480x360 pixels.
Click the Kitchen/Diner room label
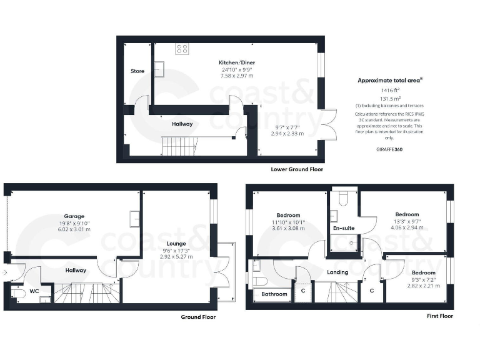coord(236,62)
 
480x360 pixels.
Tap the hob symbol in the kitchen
coord(182,49)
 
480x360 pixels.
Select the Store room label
coord(137,71)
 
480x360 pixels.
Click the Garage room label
coord(74,216)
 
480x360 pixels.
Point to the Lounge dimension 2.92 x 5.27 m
coord(176,256)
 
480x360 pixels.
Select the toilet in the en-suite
coord(342,198)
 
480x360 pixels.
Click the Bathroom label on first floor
coord(274,294)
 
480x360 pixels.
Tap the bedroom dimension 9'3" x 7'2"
coord(423,279)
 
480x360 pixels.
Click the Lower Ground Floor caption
coord(297,169)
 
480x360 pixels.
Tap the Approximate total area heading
coord(389,80)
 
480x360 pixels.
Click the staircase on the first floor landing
coord(337,292)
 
